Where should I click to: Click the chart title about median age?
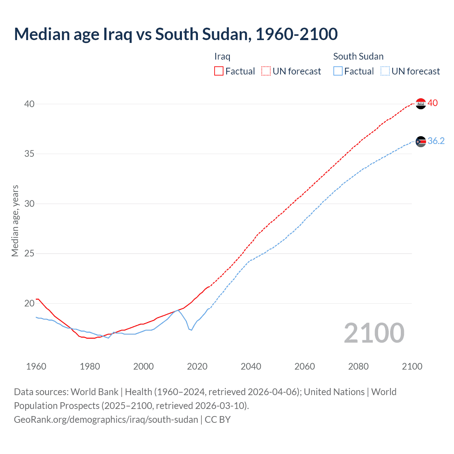176,34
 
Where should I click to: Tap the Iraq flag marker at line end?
421,104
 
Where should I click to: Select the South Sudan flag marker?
421,142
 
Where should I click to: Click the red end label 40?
433,103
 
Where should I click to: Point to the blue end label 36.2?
436,141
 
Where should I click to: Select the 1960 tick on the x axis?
36,366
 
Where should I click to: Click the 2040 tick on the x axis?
251,366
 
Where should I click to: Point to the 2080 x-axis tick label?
358,366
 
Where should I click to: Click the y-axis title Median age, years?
15,221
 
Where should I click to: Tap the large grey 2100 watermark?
374,333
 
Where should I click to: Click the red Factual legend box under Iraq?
219,71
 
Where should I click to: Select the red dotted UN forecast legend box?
266,71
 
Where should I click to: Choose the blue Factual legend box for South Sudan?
338,71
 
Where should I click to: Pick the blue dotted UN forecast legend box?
385,71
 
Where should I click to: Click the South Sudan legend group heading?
358,56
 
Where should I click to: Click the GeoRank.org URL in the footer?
106,420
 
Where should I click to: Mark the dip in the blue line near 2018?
192,330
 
